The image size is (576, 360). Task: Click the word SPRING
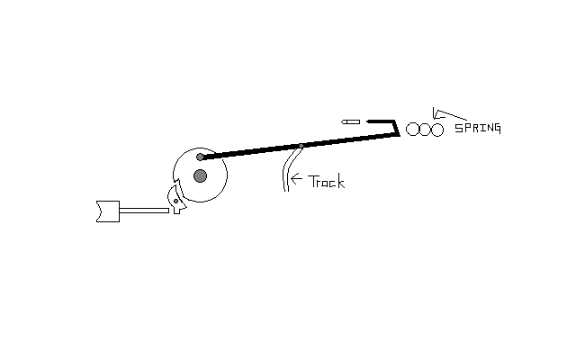coord(478,128)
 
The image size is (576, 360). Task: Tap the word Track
coord(326,182)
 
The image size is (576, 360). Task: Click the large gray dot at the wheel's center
coord(200,176)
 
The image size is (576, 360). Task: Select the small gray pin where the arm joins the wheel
coord(200,157)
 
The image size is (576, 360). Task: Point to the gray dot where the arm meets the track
coord(301,146)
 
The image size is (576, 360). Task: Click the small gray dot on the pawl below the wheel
coord(176,202)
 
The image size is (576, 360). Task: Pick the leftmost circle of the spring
coord(412,130)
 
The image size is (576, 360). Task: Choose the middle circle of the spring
coord(425,130)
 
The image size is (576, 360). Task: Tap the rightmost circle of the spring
coord(437,130)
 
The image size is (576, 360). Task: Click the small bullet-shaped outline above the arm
coord(350,122)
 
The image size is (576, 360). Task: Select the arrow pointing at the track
coord(296,179)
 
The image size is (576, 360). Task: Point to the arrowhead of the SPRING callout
coord(436,114)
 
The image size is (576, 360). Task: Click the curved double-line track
coord(291,168)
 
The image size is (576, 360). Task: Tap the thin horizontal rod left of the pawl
coord(144,211)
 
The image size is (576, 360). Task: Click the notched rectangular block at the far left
coord(108,211)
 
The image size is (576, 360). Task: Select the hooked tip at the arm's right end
coord(396,127)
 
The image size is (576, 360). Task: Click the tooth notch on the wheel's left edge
coord(176,183)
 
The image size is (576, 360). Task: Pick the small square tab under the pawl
coord(176,211)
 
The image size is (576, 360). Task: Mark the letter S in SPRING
coord(458,128)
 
